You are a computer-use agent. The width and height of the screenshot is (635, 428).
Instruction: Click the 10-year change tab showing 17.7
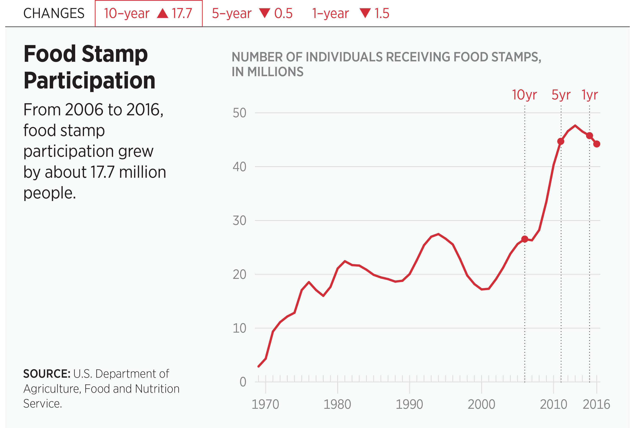[148, 13]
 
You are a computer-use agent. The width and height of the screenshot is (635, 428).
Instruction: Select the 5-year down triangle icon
[265, 13]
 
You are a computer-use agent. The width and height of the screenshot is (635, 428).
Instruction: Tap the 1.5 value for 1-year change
[382, 13]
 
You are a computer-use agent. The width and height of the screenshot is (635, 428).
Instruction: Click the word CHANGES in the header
[54, 13]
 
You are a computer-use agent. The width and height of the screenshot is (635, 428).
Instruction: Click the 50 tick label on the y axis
[239, 113]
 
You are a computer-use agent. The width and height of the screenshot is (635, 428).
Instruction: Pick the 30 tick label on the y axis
[239, 221]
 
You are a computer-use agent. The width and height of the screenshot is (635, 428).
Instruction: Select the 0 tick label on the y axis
[243, 382]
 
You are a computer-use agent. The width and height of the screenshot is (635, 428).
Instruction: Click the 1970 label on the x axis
[265, 404]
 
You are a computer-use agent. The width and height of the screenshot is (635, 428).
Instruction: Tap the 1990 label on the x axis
[409, 404]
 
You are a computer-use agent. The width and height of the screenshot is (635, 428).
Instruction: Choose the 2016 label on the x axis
[596, 404]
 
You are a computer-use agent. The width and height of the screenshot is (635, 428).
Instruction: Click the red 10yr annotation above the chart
[524, 95]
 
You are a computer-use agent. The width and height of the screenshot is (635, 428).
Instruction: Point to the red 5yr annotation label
[561, 95]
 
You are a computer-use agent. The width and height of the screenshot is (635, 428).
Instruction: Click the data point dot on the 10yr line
[525, 239]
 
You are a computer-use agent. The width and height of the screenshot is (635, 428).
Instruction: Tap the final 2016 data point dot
[597, 144]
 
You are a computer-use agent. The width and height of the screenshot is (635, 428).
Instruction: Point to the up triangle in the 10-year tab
[163, 13]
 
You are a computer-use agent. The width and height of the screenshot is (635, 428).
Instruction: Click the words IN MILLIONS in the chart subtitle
[268, 72]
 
